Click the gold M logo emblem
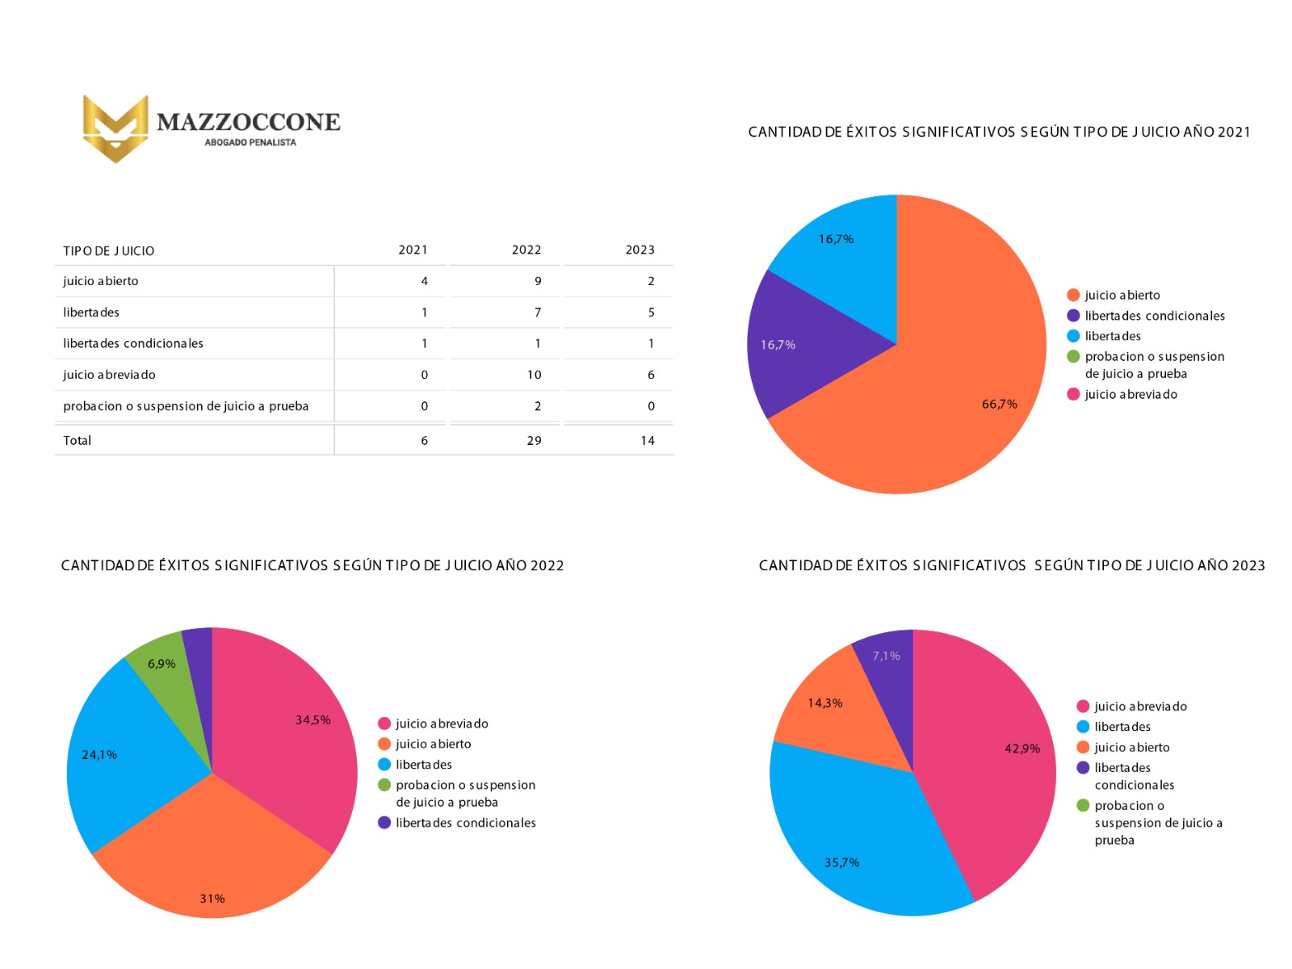(x=115, y=128)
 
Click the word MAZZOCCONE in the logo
(x=248, y=122)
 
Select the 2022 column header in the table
(x=526, y=250)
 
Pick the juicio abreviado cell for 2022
(x=534, y=375)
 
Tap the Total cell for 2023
(x=647, y=440)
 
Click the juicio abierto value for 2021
(x=424, y=281)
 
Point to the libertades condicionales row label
(x=133, y=343)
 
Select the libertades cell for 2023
(x=651, y=313)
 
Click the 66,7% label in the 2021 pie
(x=999, y=404)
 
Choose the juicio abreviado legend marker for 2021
(x=1073, y=394)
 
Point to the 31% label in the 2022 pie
(x=212, y=899)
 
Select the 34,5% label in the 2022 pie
(x=313, y=719)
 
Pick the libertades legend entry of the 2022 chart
(x=423, y=765)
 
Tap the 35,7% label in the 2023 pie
(x=841, y=862)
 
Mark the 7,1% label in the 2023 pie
(x=886, y=656)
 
